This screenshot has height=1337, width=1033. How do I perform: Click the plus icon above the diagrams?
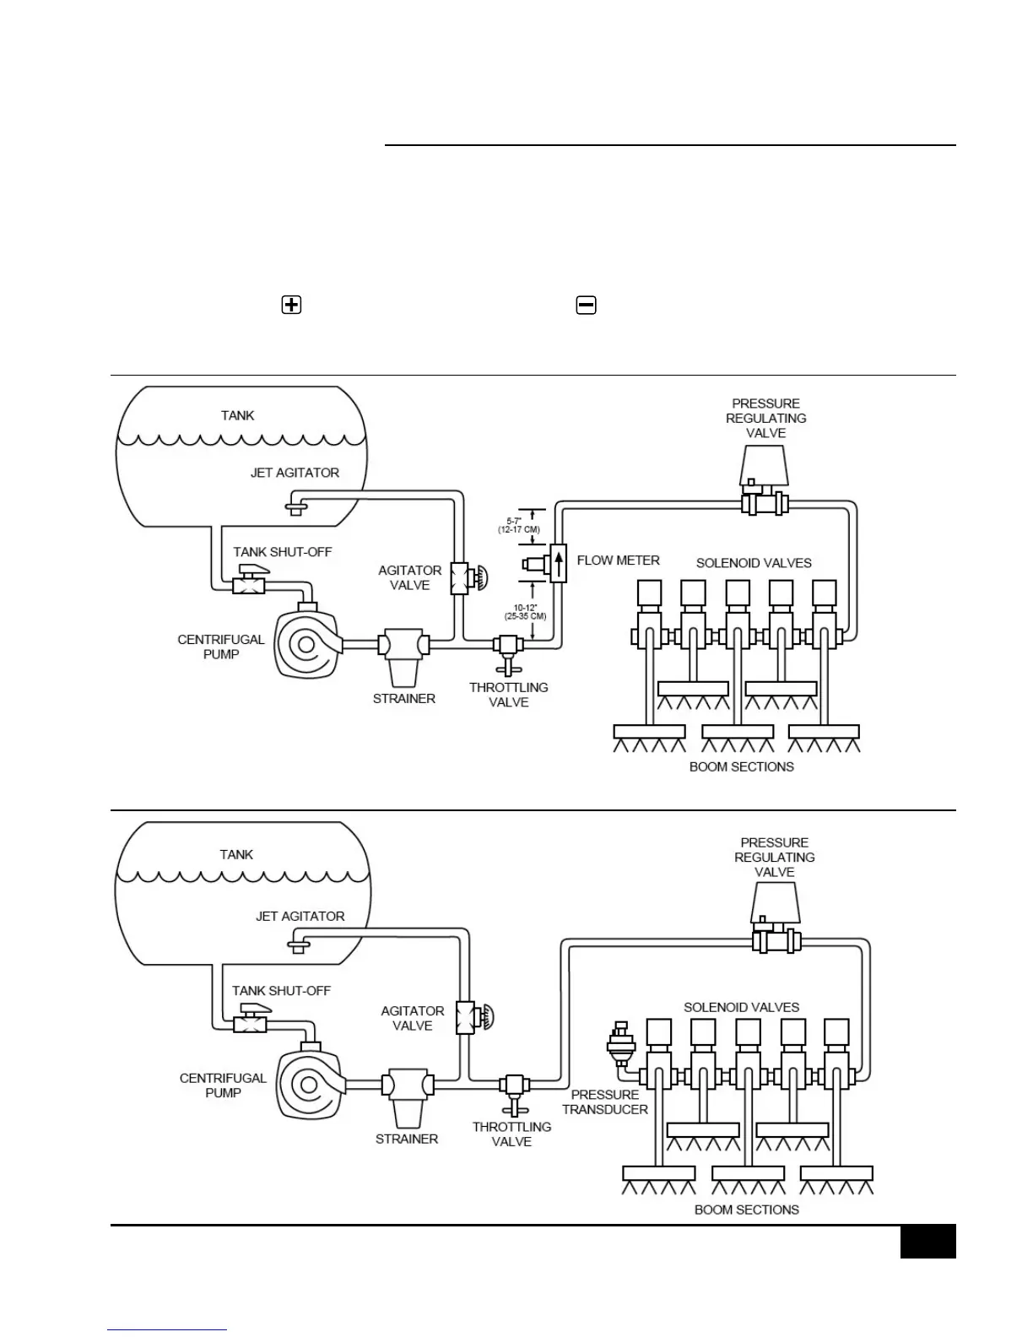click(x=291, y=305)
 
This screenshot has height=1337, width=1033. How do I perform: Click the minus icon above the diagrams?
click(x=586, y=305)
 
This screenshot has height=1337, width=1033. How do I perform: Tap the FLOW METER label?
click(x=618, y=560)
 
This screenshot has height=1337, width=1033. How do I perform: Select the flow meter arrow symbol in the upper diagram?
click(x=558, y=562)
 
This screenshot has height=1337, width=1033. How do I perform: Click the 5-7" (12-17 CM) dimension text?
click(x=518, y=525)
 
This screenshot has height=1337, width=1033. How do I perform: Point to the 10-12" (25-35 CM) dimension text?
click(x=525, y=611)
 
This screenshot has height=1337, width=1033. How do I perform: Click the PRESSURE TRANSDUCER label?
click(x=605, y=1102)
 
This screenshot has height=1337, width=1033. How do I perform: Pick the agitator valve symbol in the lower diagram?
click(x=466, y=1017)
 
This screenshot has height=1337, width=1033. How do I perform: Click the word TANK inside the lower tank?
click(x=236, y=854)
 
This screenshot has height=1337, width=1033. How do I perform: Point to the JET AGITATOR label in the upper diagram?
click(x=295, y=473)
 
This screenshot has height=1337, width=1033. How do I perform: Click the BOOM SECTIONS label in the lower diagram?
click(x=746, y=1210)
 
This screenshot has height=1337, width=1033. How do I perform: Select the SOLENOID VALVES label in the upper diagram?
click(x=754, y=563)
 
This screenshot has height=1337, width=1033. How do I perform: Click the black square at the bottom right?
click(x=928, y=1241)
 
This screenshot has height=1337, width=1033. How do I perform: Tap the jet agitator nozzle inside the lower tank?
click(x=296, y=945)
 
